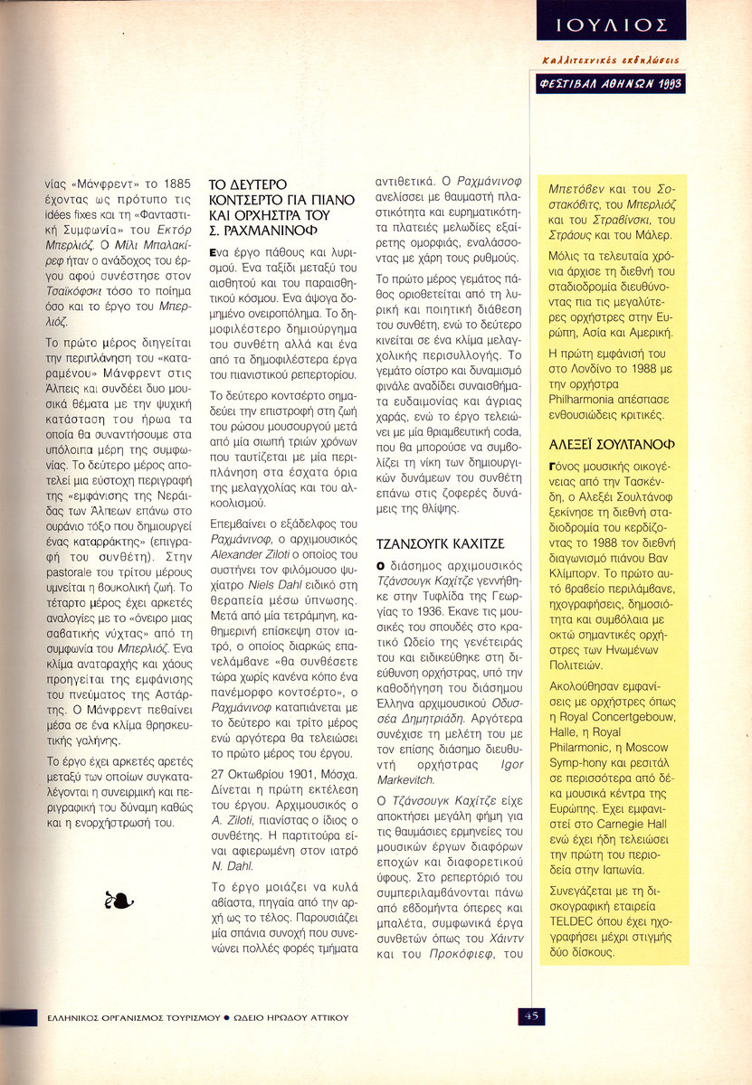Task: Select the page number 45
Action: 530,1015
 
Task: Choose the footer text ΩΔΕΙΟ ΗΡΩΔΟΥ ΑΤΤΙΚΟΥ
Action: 290,1016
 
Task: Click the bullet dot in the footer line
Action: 226,1016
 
